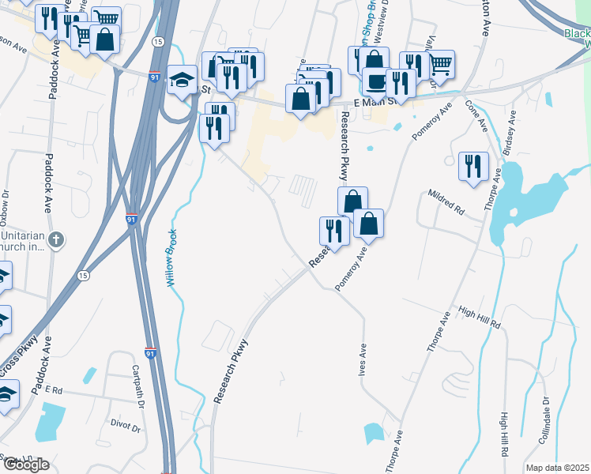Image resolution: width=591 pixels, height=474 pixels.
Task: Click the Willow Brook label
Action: pyautogui.click(x=169, y=257)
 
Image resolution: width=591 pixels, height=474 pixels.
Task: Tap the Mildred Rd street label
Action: pyautogui.click(x=446, y=202)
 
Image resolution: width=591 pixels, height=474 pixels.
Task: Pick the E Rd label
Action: pyautogui.click(x=54, y=390)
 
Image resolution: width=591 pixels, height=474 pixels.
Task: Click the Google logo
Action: pyautogui.click(x=25, y=465)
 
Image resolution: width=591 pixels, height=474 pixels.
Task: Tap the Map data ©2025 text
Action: pyautogui.click(x=557, y=468)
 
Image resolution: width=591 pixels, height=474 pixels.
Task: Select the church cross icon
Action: pyautogui.click(x=55, y=239)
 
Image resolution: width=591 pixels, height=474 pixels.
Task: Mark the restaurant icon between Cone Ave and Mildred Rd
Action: pyautogui.click(x=473, y=166)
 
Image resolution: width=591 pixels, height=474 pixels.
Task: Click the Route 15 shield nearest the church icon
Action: pyautogui.click(x=83, y=275)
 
